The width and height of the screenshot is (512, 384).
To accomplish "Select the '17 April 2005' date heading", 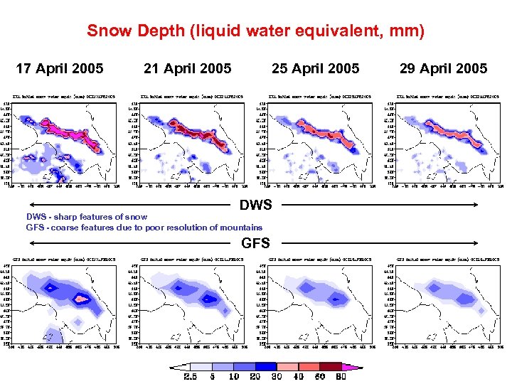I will click(60, 68).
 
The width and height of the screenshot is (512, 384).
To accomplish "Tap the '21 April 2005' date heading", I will click(188, 68).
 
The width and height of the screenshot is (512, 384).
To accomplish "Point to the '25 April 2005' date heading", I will click(316, 68).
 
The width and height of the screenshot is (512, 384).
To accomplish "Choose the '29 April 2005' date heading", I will click(444, 68).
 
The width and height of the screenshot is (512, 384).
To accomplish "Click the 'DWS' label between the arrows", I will click(256, 206).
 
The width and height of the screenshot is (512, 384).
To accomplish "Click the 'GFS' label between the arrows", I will click(256, 243).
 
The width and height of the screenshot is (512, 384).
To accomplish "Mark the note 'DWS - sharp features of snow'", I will click(87, 217).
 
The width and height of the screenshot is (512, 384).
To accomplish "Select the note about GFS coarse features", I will click(134, 228).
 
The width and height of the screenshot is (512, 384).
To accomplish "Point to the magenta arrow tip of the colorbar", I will click(357, 368).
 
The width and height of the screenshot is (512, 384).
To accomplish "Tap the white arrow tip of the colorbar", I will click(172, 368).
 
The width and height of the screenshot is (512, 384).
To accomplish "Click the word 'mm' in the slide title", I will click(406, 31).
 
